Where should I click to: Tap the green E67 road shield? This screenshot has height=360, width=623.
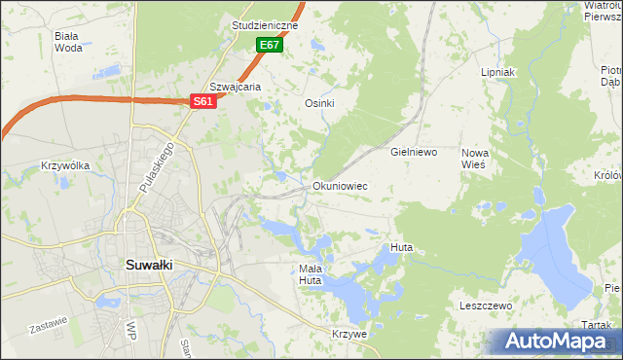(270, 45)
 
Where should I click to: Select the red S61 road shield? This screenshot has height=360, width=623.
(202, 101)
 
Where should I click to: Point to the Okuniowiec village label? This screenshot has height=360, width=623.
(340, 186)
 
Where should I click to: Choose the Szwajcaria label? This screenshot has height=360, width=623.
(237, 86)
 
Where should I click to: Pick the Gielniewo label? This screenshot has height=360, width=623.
(415, 153)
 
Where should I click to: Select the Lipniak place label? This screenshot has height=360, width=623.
(497, 72)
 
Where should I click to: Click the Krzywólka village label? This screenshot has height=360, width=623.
(65, 165)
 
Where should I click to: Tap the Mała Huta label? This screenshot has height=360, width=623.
(310, 274)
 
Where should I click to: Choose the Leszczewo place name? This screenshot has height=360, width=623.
(486, 306)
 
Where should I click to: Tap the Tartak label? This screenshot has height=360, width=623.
(599, 325)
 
